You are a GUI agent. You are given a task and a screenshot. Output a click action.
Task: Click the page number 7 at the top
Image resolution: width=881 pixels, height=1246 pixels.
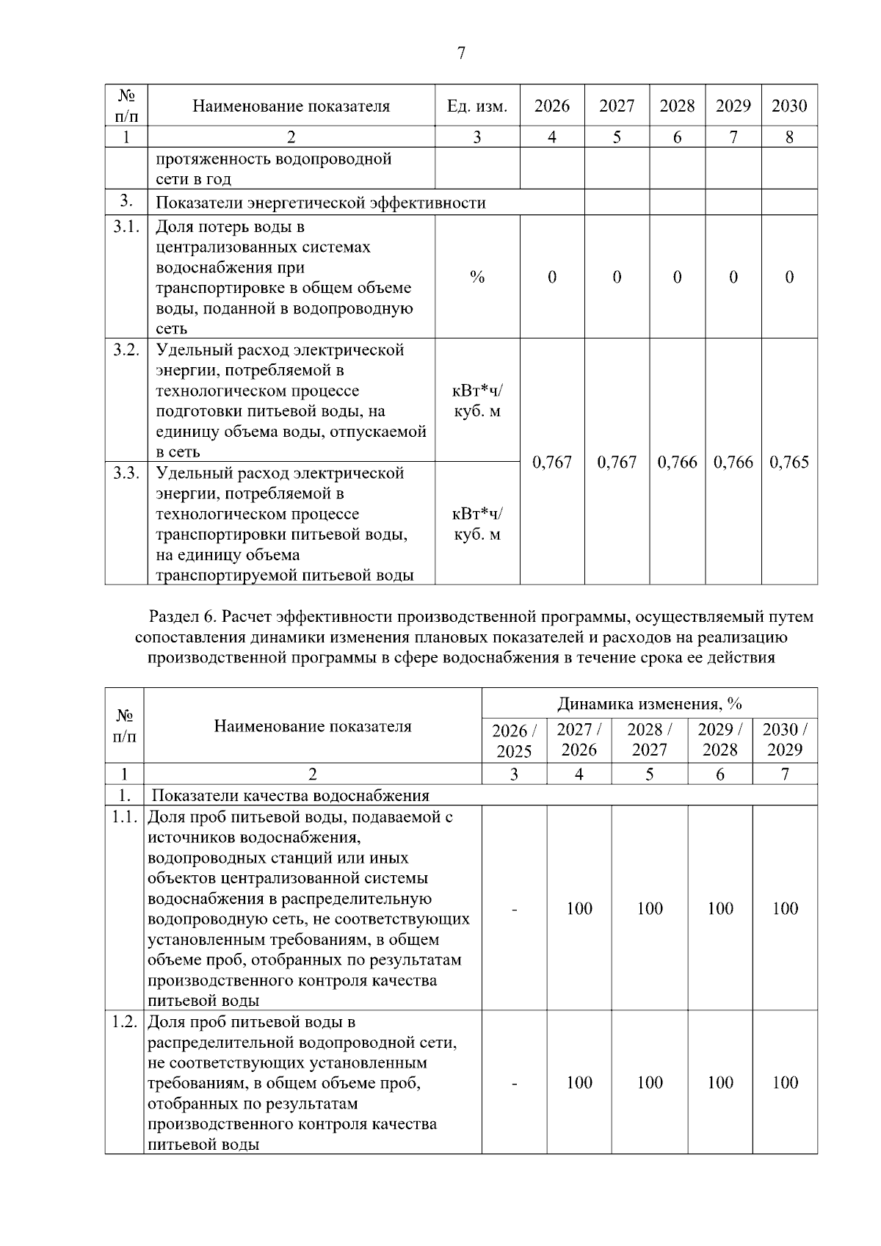click(x=461, y=53)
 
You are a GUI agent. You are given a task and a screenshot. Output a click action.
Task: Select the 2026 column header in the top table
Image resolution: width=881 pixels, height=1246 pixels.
click(x=551, y=106)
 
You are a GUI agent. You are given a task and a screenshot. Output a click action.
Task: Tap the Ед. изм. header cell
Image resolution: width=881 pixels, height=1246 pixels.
click(x=477, y=106)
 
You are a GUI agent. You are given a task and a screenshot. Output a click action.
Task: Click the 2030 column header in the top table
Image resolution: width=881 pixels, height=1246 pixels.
click(x=788, y=106)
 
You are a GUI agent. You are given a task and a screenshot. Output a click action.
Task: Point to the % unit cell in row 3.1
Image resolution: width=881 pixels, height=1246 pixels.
click(x=477, y=277)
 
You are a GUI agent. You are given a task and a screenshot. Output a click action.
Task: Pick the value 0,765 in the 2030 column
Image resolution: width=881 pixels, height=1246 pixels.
click(x=788, y=462)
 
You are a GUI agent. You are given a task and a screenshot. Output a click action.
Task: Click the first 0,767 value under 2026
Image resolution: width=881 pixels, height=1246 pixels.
click(x=551, y=462)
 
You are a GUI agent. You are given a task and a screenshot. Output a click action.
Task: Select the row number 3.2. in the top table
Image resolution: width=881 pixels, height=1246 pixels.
click(x=126, y=349)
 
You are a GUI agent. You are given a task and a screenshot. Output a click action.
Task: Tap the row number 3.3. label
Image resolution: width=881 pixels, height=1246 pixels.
click(x=126, y=473)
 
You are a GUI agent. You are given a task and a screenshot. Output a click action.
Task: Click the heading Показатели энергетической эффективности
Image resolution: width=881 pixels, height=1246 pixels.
click(x=321, y=203)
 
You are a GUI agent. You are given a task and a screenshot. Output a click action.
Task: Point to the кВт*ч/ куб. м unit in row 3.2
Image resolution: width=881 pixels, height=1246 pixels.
click(x=477, y=401)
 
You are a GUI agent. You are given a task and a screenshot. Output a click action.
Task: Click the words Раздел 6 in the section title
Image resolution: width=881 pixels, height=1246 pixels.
click(x=179, y=617)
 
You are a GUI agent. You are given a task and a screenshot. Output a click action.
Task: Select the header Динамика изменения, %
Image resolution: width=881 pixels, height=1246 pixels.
click(x=649, y=703)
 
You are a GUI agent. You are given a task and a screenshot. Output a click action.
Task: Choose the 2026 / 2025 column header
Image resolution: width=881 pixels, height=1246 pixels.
click(x=514, y=740)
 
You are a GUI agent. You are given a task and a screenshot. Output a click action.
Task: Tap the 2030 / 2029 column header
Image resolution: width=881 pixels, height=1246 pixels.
click(x=784, y=739)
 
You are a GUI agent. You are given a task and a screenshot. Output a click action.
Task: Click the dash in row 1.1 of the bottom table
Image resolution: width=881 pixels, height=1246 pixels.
click(x=515, y=909)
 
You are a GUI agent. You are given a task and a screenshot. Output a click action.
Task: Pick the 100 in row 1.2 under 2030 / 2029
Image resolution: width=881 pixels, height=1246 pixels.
click(x=784, y=1082)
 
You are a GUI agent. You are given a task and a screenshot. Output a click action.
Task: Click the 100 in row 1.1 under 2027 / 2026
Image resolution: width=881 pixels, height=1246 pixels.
click(x=579, y=909)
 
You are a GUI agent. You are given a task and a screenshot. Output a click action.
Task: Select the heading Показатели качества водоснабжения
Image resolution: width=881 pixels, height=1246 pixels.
click(x=290, y=795)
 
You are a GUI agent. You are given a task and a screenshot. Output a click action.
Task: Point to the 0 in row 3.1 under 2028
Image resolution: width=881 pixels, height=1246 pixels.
click(x=677, y=277)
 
